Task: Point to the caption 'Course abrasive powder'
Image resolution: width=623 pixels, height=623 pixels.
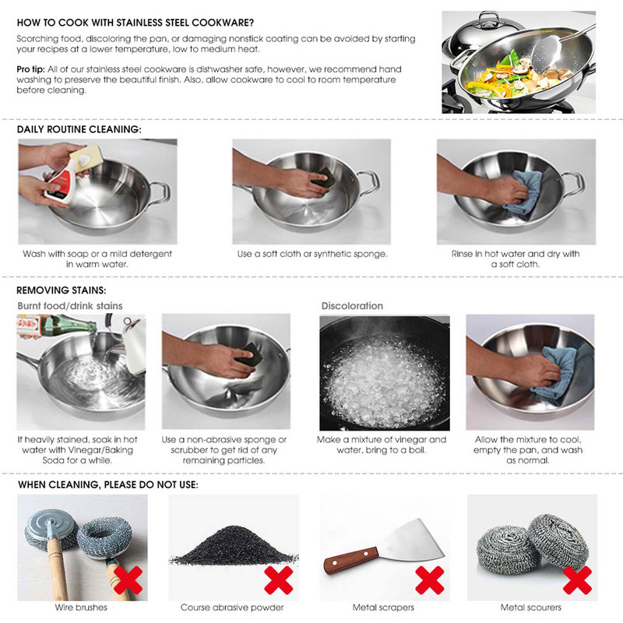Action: tap(232, 607)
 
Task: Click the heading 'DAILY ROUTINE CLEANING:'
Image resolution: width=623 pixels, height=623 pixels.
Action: tap(79, 129)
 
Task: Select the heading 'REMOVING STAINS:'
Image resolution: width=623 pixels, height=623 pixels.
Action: tap(62, 290)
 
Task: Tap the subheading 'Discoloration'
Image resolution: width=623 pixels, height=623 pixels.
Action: tap(352, 306)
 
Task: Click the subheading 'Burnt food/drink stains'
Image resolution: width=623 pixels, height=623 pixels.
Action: tap(70, 306)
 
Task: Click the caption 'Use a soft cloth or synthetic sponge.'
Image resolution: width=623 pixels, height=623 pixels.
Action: tap(312, 254)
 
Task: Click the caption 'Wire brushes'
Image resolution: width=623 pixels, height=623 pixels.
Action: tap(81, 607)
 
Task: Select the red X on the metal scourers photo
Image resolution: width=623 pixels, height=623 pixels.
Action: tap(577, 580)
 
